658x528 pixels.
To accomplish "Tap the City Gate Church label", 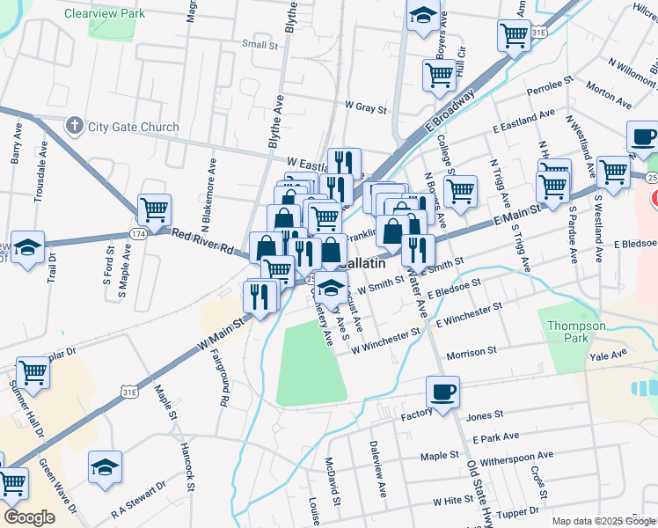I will point(133,127).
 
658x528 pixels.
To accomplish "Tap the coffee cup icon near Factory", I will point(442,391).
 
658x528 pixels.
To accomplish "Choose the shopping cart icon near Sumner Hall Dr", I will point(33,373).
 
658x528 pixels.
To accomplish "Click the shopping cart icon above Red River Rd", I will point(154,209).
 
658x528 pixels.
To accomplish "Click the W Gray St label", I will point(365,108).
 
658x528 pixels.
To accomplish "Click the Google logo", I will point(29,517).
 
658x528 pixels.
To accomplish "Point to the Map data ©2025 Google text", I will point(603,521).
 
